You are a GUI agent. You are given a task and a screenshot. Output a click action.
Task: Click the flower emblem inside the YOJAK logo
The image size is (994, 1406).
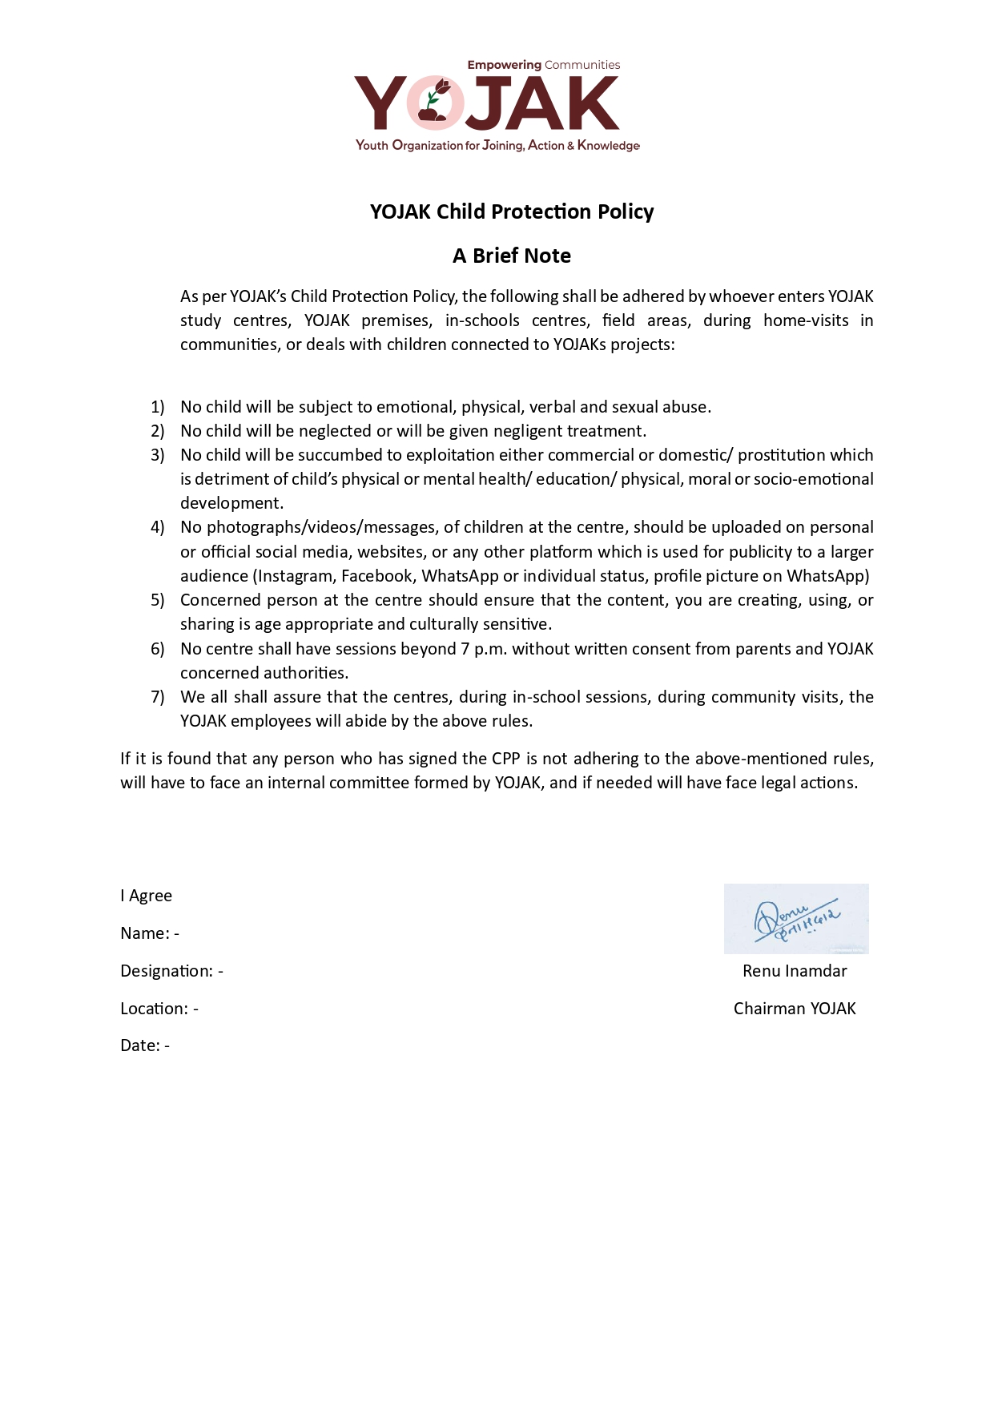[x=434, y=103]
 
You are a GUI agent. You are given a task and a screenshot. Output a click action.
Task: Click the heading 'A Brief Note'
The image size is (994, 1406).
[x=512, y=256]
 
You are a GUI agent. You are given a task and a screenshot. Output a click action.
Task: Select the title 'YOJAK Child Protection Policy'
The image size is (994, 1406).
[x=512, y=212]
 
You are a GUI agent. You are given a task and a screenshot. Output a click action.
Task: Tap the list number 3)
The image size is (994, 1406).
[x=157, y=455]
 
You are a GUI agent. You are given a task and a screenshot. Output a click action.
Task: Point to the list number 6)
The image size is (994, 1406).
[x=157, y=649]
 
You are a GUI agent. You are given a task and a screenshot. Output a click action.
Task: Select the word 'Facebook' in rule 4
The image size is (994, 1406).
[x=376, y=576]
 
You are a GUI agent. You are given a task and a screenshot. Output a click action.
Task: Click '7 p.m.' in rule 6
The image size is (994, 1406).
[x=483, y=649]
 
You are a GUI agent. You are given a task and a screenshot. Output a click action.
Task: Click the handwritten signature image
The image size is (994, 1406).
[x=796, y=919]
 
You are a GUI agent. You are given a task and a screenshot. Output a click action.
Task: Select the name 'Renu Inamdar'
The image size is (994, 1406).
[x=795, y=971]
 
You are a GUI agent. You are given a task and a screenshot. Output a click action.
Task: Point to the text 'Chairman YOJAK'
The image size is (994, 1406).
[x=795, y=1009]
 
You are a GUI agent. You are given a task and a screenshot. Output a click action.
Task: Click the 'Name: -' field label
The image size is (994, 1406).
[x=150, y=933]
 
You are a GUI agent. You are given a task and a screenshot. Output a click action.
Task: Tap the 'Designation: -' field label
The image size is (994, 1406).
[x=171, y=971]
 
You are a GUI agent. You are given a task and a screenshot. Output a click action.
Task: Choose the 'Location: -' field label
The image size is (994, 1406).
[x=159, y=1009]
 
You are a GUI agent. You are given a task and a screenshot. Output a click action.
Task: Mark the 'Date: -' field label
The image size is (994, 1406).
[x=145, y=1045]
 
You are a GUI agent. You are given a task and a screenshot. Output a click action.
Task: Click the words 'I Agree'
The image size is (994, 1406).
[x=146, y=896]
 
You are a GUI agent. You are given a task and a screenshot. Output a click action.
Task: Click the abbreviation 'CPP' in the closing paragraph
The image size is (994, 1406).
[x=505, y=759]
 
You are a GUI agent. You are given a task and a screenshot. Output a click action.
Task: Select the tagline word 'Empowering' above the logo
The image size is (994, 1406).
[x=504, y=65]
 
